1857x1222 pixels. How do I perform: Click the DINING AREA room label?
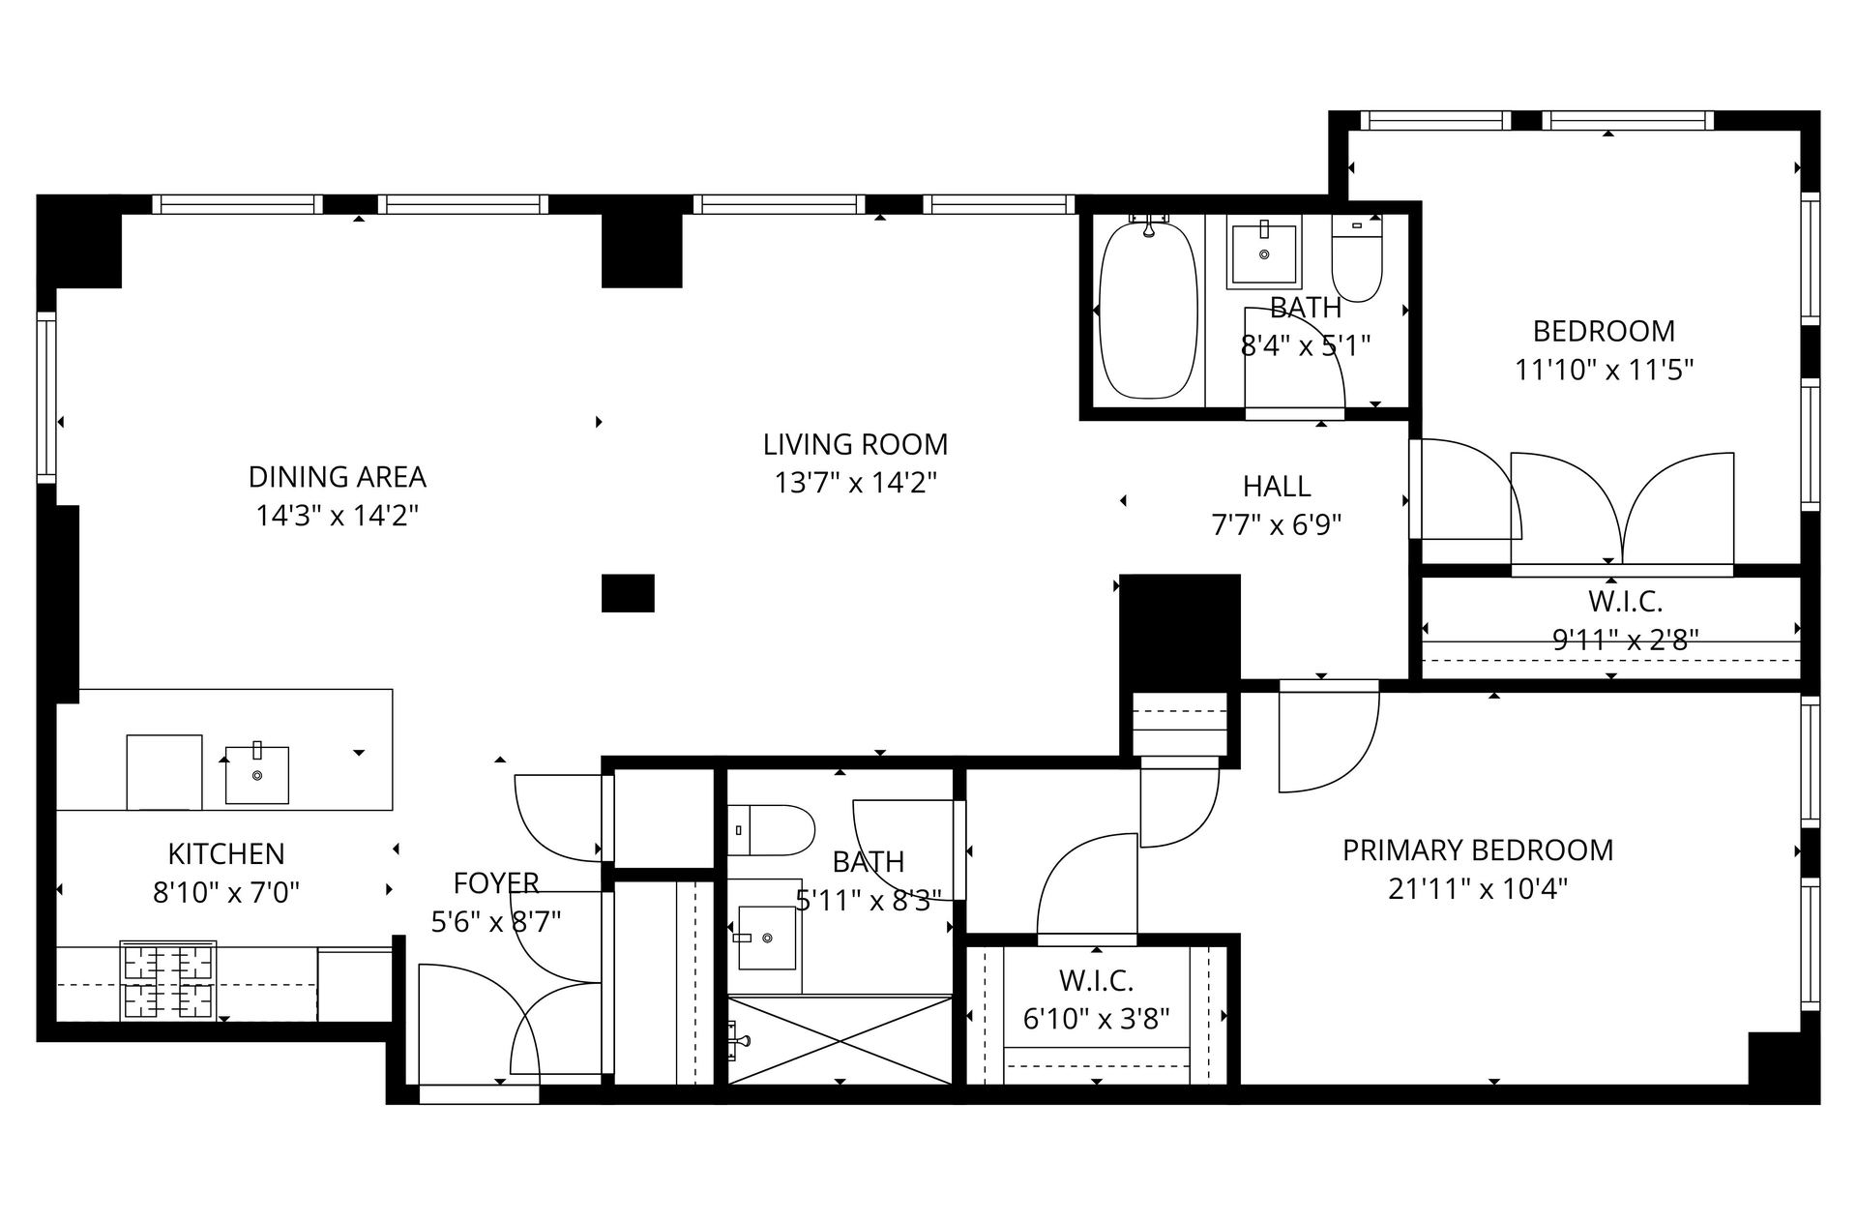click(337, 477)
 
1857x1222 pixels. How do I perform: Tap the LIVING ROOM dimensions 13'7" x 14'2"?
click(855, 482)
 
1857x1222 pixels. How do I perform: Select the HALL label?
click(1277, 486)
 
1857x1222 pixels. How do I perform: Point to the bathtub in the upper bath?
click(1148, 310)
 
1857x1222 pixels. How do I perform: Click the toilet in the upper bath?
click(1357, 257)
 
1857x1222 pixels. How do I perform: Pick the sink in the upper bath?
click(1264, 252)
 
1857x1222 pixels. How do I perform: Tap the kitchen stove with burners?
click(168, 980)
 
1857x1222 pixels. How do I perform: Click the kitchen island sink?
click(257, 774)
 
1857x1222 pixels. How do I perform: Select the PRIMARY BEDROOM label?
click(1478, 850)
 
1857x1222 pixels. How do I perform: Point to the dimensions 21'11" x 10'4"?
click(1478, 888)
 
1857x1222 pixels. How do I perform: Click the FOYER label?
click(496, 883)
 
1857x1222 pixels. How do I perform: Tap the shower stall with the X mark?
click(840, 1040)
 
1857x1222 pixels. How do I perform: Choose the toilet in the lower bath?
click(771, 830)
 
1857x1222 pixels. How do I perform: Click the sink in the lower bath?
click(766, 938)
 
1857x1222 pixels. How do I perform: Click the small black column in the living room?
click(628, 593)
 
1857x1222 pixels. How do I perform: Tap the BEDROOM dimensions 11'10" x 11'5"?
click(1605, 370)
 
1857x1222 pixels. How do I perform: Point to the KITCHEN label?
click(226, 854)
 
